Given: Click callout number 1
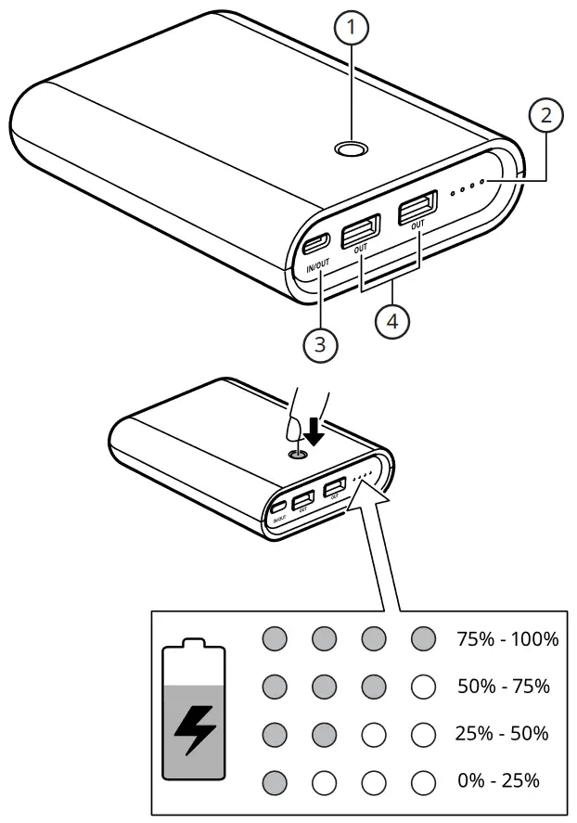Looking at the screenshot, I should tap(352, 30).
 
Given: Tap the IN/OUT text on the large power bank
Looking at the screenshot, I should tap(316, 268).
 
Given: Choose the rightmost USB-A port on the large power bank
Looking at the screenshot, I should tap(418, 209).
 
